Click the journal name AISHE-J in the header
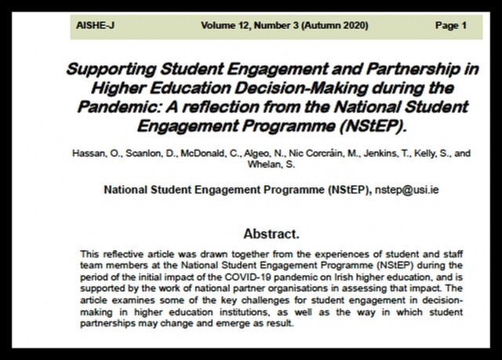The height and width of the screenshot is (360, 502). [x=93, y=26]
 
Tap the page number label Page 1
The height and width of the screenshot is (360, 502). [x=451, y=26]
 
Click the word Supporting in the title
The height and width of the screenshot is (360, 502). [x=106, y=68]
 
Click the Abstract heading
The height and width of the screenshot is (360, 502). [x=272, y=234]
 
